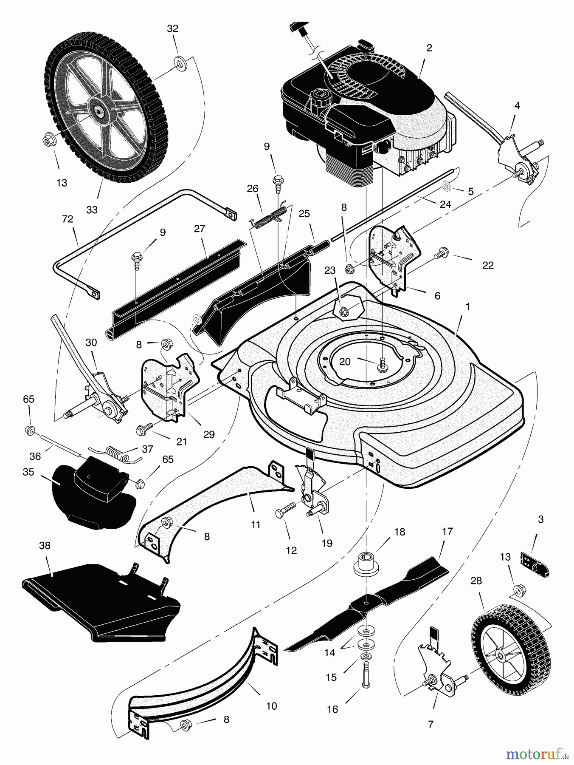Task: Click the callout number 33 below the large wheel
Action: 92,210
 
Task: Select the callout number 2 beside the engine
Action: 429,48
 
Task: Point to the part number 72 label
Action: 68,219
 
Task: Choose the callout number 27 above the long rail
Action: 199,229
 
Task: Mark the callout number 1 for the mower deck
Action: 467,306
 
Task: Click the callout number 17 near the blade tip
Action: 447,531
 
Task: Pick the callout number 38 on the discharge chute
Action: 45,546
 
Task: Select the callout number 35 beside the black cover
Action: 28,472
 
